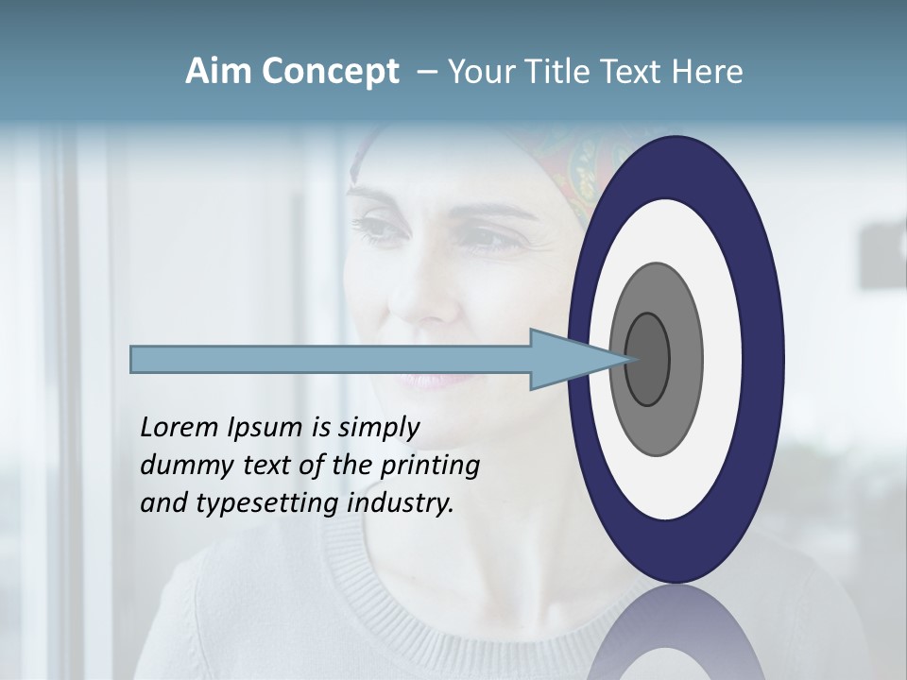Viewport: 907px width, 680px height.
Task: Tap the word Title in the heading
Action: [550, 72]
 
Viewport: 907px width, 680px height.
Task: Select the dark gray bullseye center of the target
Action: [647, 359]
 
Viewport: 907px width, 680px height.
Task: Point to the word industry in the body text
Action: [401, 503]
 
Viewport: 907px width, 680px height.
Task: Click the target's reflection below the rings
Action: [676, 633]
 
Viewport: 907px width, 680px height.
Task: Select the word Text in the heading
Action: [633, 72]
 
